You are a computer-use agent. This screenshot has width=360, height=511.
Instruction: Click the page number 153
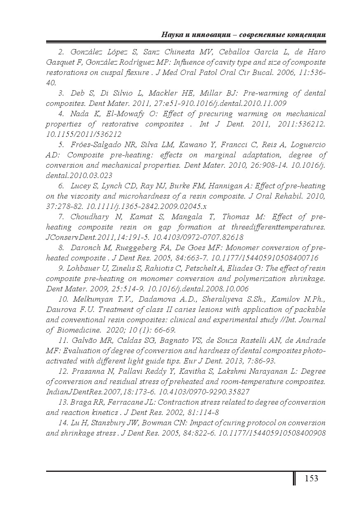[x=311, y=478]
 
